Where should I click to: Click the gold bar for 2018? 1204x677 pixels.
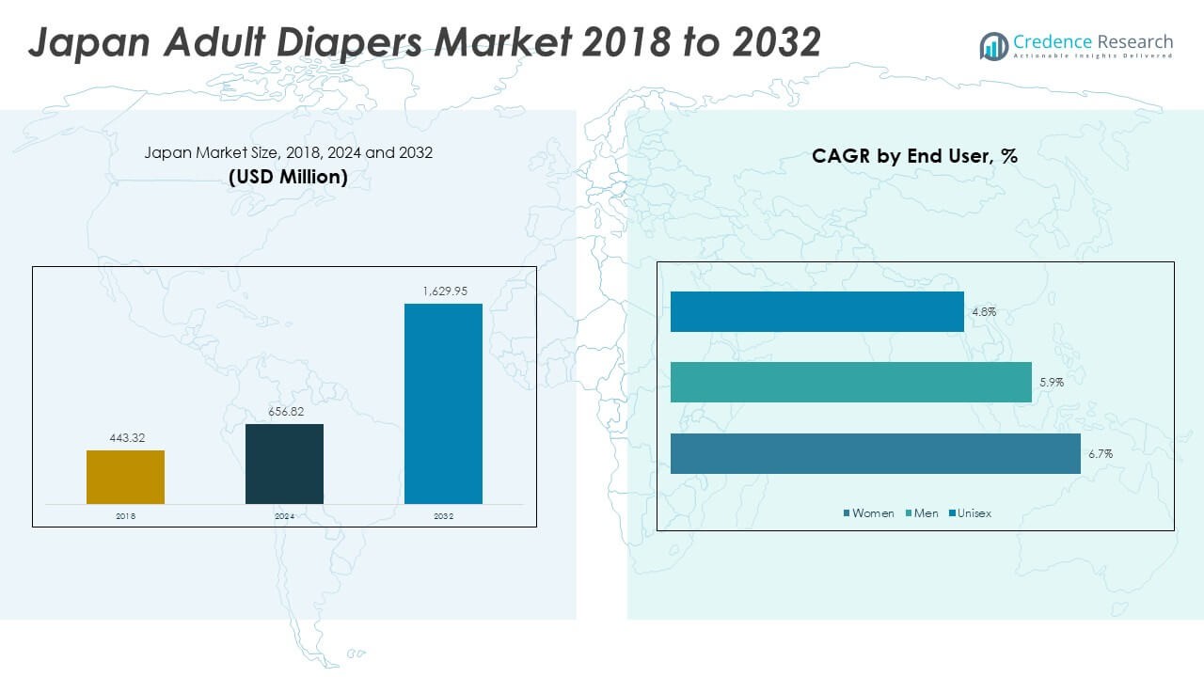pyautogui.click(x=125, y=477)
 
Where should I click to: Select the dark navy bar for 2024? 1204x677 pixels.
pyautogui.click(x=284, y=464)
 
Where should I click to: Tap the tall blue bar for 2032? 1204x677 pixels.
pyautogui.click(x=443, y=403)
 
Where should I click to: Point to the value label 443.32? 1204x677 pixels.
pyautogui.click(x=125, y=438)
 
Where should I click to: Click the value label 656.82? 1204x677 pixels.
pyautogui.click(x=284, y=412)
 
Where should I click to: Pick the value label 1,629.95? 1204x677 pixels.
pyautogui.click(x=443, y=291)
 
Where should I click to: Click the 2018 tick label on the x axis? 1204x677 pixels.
pyautogui.click(x=125, y=516)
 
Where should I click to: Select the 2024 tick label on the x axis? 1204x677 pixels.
pyautogui.click(x=284, y=516)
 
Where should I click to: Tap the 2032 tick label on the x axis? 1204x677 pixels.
pyautogui.click(x=443, y=516)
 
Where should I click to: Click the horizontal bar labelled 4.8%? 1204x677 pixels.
pyautogui.click(x=816, y=311)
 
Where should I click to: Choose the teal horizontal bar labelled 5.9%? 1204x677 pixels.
pyautogui.click(x=850, y=382)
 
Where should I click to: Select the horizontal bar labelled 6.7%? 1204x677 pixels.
pyautogui.click(x=875, y=453)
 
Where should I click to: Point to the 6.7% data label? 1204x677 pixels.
pyautogui.click(x=1101, y=453)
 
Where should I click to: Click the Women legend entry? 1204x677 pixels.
pyautogui.click(x=872, y=513)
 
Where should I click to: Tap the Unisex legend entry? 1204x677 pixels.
pyautogui.click(x=974, y=513)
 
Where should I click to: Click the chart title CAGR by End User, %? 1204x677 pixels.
pyautogui.click(x=914, y=157)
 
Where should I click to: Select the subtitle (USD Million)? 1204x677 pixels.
pyautogui.click(x=288, y=177)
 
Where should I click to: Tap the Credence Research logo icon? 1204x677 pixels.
pyautogui.click(x=993, y=45)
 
